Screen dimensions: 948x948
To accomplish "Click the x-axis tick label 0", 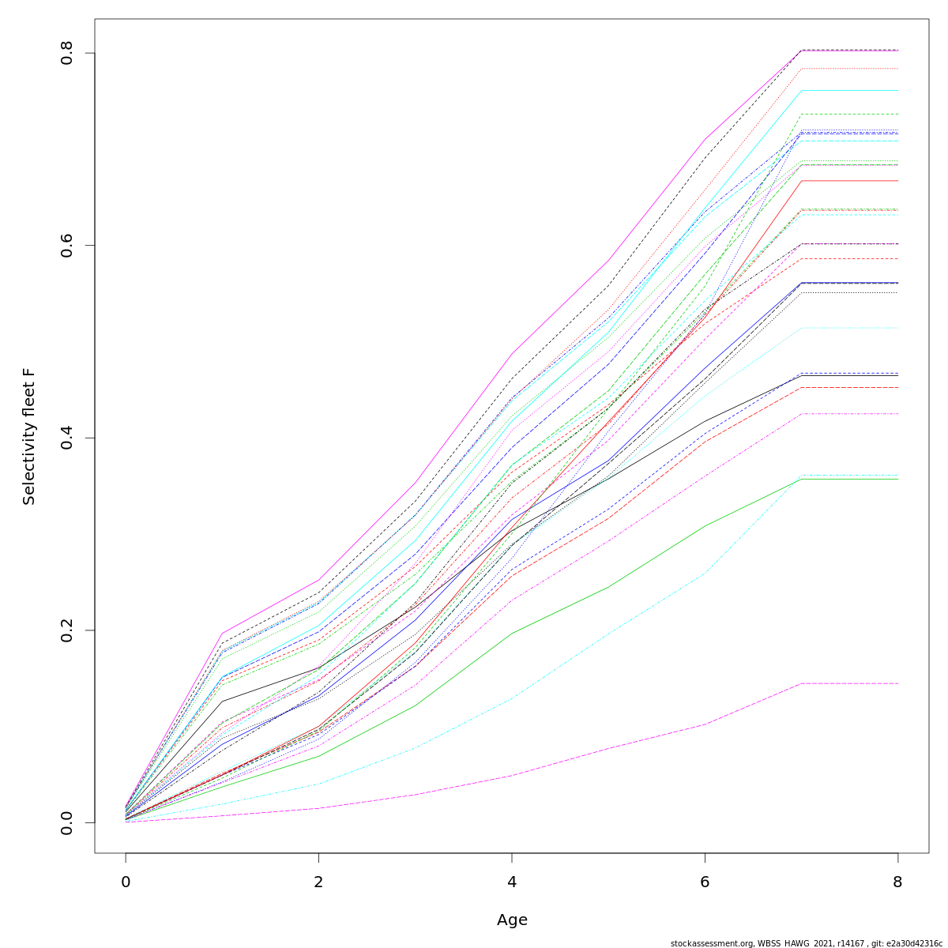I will point(126,882).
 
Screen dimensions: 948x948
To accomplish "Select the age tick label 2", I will point(318,882).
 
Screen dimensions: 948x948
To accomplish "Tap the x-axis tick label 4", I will point(512,882).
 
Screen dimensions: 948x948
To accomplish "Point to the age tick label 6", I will point(705,882).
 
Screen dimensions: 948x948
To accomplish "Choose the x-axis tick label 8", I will point(897,882).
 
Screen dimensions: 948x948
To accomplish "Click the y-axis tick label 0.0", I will point(67,822).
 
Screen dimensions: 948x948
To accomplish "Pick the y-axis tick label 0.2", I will point(67,630).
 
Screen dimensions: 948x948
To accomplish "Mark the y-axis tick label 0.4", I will point(67,438).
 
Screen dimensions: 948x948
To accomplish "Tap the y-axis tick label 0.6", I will point(67,245).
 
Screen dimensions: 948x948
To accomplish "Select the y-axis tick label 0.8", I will point(67,53).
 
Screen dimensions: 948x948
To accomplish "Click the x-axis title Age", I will point(512,920).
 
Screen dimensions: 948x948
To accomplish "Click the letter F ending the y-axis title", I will point(29,371).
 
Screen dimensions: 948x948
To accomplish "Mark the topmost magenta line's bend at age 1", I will point(222,634).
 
